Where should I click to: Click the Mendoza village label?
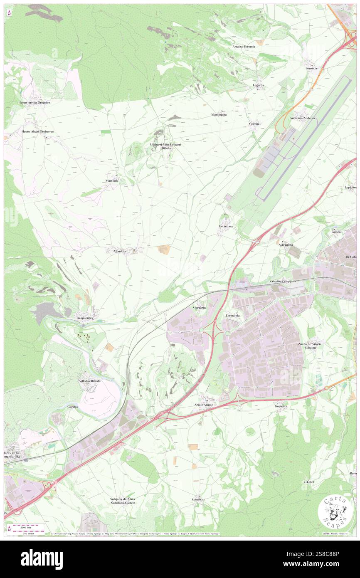(116, 252)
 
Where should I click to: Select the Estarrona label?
(226, 226)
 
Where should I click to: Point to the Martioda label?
(111, 181)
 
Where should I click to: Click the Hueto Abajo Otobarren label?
(38, 131)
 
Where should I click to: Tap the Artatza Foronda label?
(244, 47)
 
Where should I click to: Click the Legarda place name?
(259, 85)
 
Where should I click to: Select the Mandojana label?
(219, 114)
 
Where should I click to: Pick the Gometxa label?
(281, 406)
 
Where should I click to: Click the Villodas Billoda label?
(90, 381)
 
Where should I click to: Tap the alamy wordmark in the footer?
(42, 559)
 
